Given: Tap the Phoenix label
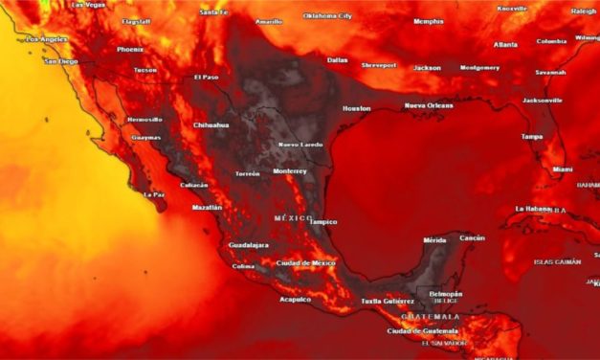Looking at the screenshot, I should (130, 49).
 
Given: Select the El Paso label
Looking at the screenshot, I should (206, 78).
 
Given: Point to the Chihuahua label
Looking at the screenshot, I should (211, 124).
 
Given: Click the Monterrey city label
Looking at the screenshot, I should (290, 171).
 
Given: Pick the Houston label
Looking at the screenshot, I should (356, 108).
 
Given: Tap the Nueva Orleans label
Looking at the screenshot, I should (428, 104).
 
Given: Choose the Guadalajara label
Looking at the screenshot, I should (248, 246).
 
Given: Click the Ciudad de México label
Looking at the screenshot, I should (305, 262).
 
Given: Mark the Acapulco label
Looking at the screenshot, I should (295, 299).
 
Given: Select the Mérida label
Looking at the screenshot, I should (435, 240).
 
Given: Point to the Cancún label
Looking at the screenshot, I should (472, 237).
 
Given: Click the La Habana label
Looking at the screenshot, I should (533, 208).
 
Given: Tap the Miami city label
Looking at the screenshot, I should (563, 169).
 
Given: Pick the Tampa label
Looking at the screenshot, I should (531, 137).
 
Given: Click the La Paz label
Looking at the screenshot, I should (154, 194).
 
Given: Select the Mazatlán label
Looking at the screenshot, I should (207, 207).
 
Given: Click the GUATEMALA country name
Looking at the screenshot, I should (430, 317).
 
